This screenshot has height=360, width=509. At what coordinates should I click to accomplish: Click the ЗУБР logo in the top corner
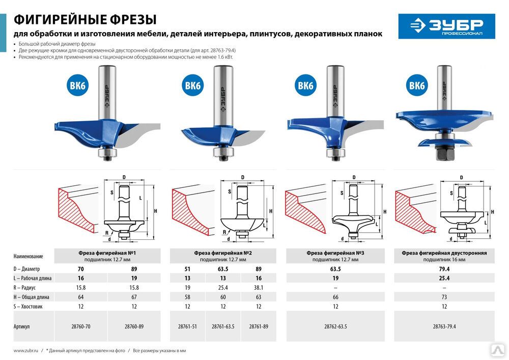pos(447,26)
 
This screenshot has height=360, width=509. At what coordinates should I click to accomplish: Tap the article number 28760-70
pos(81,326)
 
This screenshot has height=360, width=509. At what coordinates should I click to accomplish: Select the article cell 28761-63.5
pos(223,326)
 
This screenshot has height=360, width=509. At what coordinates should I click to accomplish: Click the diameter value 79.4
pos(444,269)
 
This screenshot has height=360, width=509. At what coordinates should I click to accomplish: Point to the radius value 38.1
pos(259,288)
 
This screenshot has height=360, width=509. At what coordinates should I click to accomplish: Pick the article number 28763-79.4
pos(444,326)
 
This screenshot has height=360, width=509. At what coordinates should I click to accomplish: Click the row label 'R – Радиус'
pos(24,288)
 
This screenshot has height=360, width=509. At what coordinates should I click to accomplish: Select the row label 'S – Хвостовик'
pos(28,306)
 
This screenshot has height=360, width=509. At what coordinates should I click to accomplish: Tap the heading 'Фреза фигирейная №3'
pos(335,253)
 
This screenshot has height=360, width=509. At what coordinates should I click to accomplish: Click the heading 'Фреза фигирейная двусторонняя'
pos(444,253)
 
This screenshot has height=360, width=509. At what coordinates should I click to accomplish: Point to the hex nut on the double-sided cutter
pos(444,153)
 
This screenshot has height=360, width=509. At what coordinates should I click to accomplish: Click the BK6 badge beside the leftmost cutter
pos(77,86)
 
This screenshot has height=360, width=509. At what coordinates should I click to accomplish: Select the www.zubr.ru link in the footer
pos(25,351)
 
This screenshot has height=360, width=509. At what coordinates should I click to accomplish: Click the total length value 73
pos(444,297)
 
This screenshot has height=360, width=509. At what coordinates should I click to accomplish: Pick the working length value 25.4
pos(444,278)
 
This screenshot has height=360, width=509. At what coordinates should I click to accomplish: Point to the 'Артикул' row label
pos(21,326)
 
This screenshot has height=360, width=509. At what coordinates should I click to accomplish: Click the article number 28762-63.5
pos(335,326)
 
